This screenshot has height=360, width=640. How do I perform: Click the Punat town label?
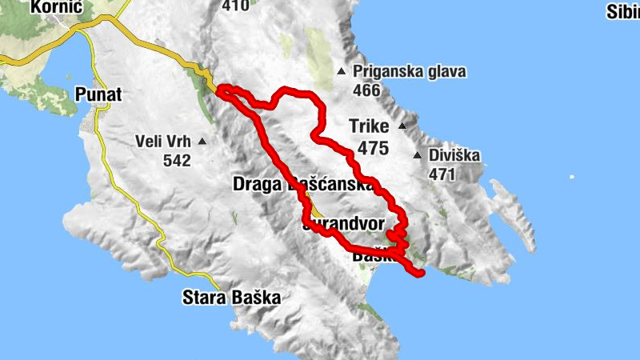coord(98,94)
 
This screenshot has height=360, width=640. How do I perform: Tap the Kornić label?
coord(58,7)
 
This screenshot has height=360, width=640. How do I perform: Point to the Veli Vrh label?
coord(163,142)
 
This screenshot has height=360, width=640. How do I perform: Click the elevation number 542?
coord(176,161)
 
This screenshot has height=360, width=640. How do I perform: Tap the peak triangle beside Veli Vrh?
coord(202,142)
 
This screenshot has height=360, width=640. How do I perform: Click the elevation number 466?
coord(366,90)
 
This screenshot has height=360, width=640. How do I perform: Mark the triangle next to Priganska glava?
coord(342,71)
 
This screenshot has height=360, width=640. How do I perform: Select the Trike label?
coord(369,126)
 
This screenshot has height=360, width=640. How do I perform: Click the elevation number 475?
coord(373,148)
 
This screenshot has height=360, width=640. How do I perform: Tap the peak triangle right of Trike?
coord(402,126)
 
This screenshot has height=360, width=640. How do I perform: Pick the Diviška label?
coord(454,155)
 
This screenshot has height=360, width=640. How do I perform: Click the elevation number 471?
coord(442,174)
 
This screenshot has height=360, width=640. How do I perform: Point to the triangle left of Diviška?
coord(417,155)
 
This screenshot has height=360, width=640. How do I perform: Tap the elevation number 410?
coord(235,6)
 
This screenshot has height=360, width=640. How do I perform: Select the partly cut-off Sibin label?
coord(622,11)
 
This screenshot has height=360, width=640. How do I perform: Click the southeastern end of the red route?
coord(420,274)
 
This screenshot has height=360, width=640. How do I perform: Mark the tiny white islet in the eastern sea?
coord(571,176)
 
